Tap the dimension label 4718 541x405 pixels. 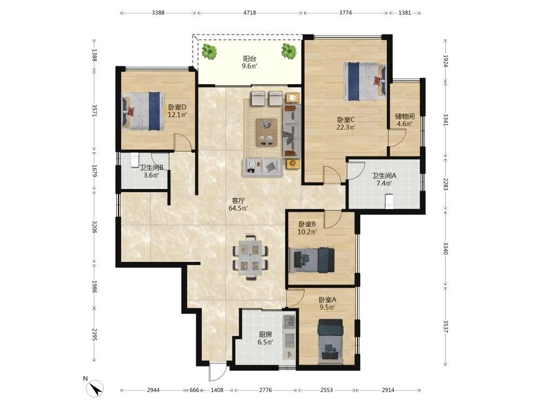click(250, 13)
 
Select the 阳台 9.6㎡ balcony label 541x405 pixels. click(249, 62)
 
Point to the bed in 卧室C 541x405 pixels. click(365, 81)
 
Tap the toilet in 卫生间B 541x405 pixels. click(134, 160)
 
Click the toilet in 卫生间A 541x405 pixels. click(389, 201)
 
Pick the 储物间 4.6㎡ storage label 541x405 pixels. click(405, 120)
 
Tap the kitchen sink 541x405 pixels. click(288, 322)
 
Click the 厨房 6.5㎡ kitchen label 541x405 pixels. click(265, 338)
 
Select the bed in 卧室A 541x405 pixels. click(331, 340)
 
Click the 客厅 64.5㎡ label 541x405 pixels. click(239, 204)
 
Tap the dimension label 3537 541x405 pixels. click(445, 326)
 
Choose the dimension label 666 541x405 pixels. click(195, 390)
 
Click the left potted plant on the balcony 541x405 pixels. click(209, 52)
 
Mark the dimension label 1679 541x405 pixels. click(95, 171)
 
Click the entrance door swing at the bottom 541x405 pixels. click(218, 372)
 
